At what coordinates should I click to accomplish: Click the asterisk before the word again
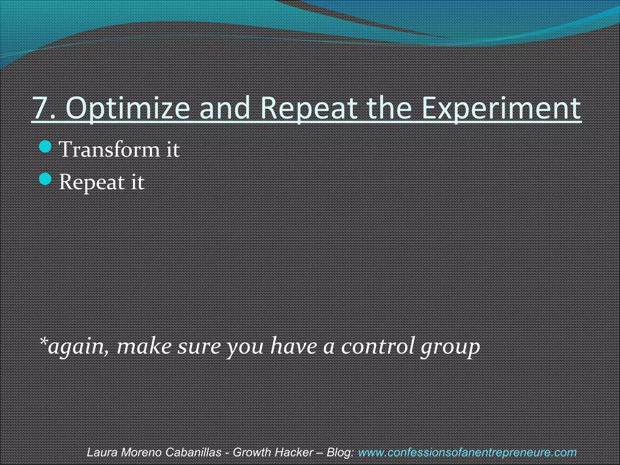[x=44, y=342]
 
